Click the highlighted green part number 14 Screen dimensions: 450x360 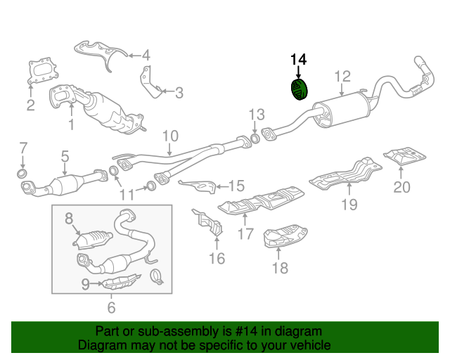[x=299, y=89]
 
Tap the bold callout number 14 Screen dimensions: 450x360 [x=298, y=60]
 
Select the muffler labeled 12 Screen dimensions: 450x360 [x=342, y=110]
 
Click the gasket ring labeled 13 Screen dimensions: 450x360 [x=255, y=138]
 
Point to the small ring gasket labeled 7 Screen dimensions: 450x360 [x=22, y=174]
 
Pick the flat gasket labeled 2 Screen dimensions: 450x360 [x=43, y=71]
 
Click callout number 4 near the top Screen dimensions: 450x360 [x=146, y=55]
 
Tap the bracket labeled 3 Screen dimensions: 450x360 [x=150, y=82]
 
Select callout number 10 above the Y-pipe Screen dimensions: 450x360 [x=170, y=136]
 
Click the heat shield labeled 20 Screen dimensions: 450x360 [x=405, y=156]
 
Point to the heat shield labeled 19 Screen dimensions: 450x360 [x=346, y=174]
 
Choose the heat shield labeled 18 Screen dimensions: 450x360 [x=285, y=236]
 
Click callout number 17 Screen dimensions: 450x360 [x=245, y=233]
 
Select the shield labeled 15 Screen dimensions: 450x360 [x=198, y=186]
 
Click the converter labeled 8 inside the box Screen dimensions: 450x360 [x=92, y=240]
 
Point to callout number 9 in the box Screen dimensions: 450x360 [x=86, y=284]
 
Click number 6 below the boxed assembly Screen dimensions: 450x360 [x=111, y=307]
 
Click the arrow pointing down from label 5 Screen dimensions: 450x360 [x=65, y=169]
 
